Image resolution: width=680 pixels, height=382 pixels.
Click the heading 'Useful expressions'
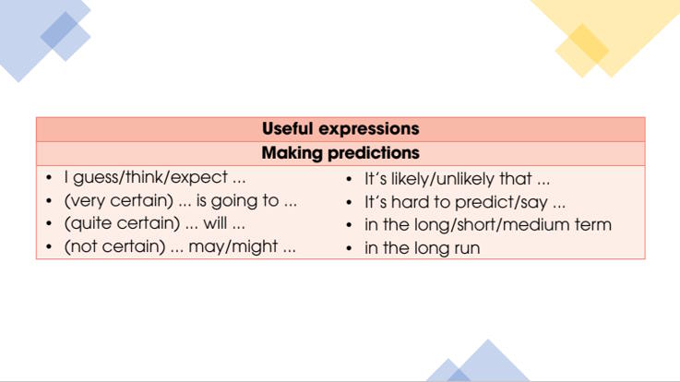point(340,129)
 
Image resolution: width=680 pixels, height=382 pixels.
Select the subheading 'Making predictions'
point(340,153)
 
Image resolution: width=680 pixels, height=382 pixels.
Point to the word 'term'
point(592,225)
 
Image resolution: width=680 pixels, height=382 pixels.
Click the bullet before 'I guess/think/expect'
point(49,178)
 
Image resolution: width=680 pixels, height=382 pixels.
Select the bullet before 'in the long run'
point(350,248)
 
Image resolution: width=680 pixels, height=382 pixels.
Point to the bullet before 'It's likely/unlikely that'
point(350,179)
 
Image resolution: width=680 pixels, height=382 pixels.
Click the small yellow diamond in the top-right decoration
point(581,51)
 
